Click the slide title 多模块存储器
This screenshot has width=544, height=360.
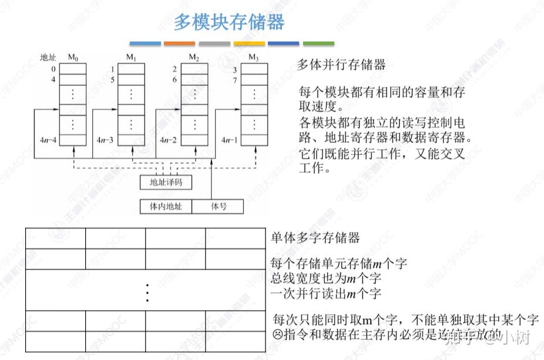pyautogui.click(x=229, y=23)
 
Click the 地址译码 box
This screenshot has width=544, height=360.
pyautogui.click(x=166, y=183)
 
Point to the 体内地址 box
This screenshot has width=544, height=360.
pyautogui.click(x=166, y=207)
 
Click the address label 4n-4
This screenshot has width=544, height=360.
pyautogui.click(x=48, y=140)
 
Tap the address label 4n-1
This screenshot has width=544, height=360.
pyautogui.click(x=230, y=140)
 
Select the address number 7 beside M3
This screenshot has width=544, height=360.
pyautogui.click(x=234, y=80)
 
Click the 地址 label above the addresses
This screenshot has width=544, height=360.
pyautogui.click(x=48, y=58)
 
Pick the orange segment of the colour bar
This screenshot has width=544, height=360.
pyautogui.click(x=179, y=43)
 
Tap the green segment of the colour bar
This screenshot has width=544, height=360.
pyautogui.click(x=318, y=43)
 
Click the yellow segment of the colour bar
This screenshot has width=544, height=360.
pyautogui.click(x=249, y=43)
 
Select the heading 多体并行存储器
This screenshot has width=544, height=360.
pyautogui.click(x=341, y=65)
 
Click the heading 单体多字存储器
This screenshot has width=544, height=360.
pyautogui.click(x=315, y=238)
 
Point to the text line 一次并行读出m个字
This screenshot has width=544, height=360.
pyautogui.click(x=326, y=292)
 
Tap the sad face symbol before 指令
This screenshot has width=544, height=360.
pyautogui.click(x=278, y=335)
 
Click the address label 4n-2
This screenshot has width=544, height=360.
pyautogui.click(x=169, y=140)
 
